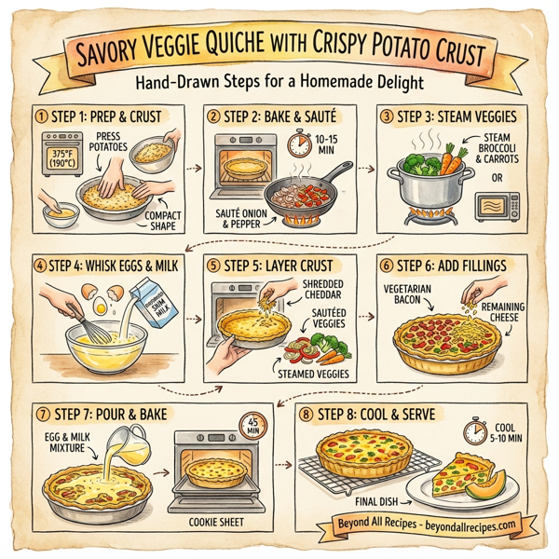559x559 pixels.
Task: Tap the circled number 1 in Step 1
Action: coord(40,117)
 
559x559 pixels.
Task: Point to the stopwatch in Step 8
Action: coord(475,430)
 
